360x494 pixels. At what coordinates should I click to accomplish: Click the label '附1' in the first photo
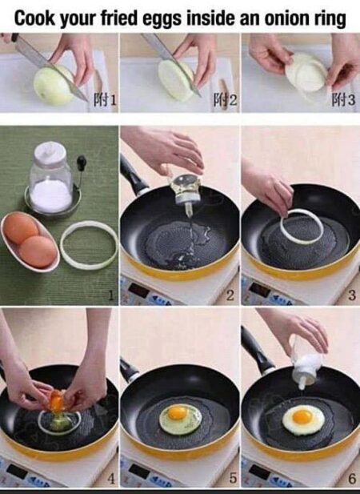coord(105,99)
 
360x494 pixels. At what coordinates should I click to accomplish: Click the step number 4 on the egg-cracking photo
coord(111,479)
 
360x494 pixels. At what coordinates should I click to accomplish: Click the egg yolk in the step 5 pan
coord(178,413)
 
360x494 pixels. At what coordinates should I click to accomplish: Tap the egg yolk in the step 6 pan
coord(302,416)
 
